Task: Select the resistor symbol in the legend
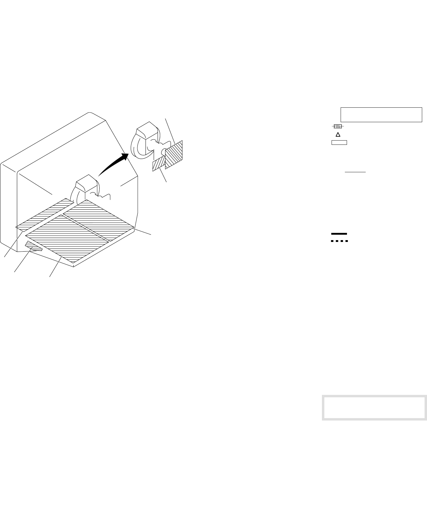coord(338,126)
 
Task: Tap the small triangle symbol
coord(338,135)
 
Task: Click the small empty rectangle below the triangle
coord(339,142)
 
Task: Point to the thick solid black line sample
coord(339,234)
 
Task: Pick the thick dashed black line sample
coord(339,241)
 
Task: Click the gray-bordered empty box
coord(374,408)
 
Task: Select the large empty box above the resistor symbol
coord(381,115)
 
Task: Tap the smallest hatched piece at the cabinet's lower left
coord(34,246)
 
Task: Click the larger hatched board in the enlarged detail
coord(174,155)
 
